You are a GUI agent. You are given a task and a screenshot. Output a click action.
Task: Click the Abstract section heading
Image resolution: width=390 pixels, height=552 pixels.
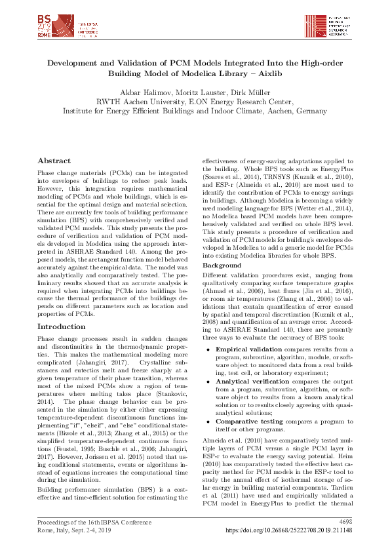click(54, 161)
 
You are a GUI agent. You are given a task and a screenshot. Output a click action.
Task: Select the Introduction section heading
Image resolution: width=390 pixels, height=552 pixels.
click(61, 326)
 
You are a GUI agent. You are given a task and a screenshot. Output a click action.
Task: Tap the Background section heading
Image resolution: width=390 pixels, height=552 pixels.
click(222, 265)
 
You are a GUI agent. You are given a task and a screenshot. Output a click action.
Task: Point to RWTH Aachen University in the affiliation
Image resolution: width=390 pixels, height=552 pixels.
click(138, 102)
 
